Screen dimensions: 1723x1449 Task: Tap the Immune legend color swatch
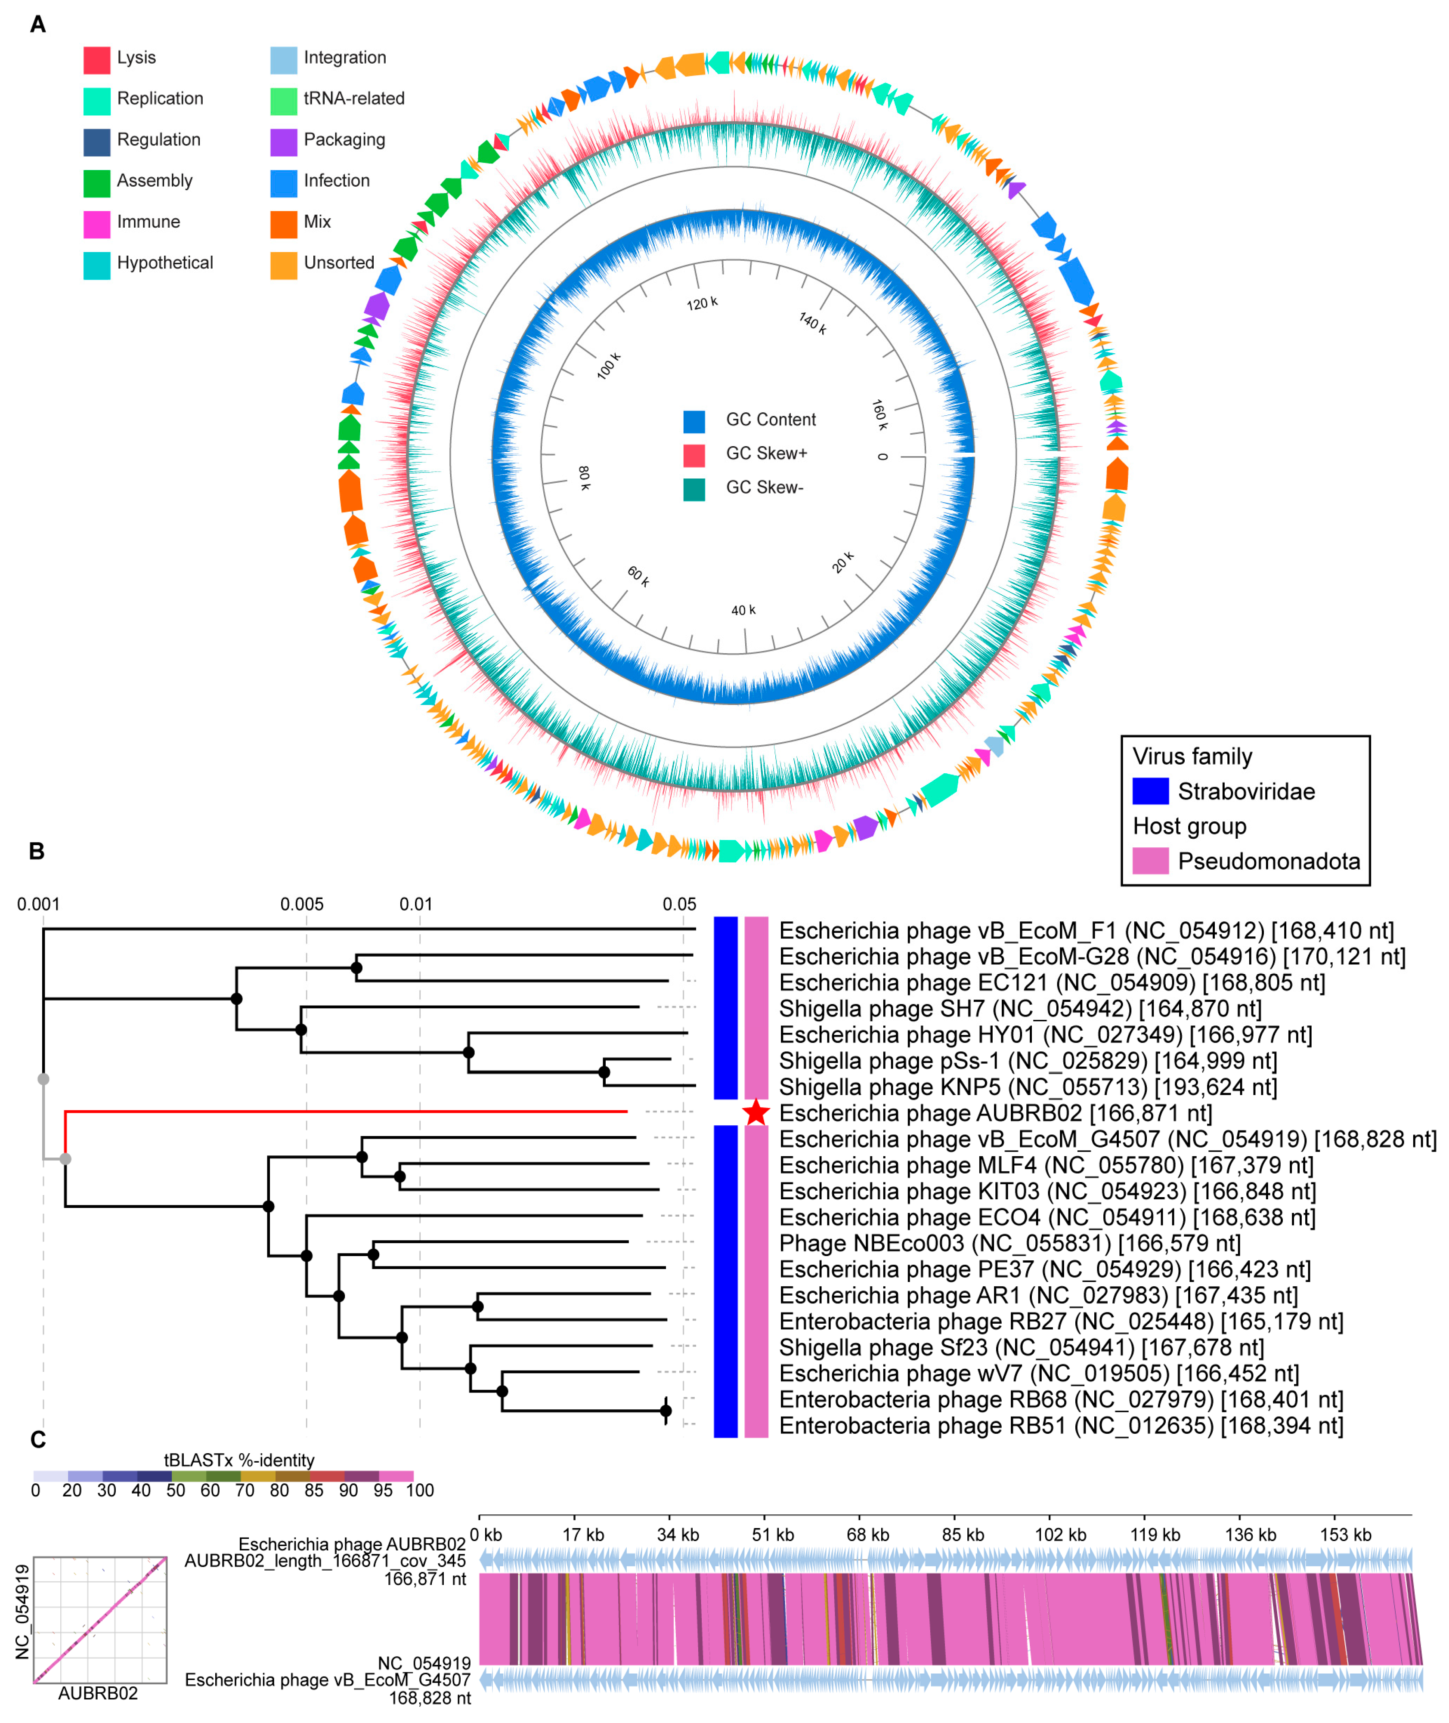click(x=97, y=223)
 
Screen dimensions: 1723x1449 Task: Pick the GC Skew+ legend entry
click(x=765, y=453)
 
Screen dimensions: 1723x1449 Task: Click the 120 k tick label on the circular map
click(x=702, y=303)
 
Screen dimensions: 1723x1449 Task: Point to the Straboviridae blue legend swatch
click(x=1150, y=791)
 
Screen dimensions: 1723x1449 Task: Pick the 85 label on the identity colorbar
click(x=314, y=1490)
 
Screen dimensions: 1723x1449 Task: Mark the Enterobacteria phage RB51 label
click(x=1060, y=1426)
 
